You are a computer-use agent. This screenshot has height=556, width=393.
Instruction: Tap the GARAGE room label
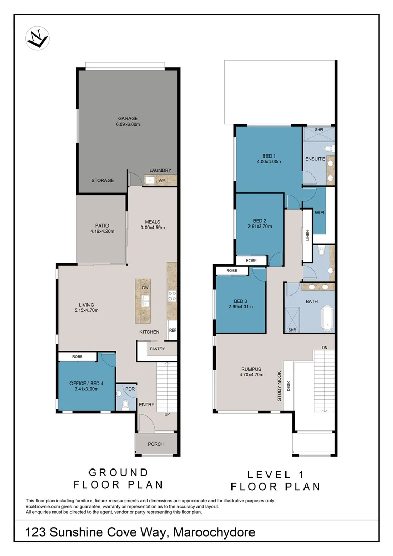[128, 118]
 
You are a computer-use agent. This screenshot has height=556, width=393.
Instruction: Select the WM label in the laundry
[162, 180]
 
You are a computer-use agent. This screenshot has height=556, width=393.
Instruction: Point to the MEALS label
[152, 222]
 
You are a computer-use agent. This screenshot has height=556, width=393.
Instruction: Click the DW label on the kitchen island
[145, 288]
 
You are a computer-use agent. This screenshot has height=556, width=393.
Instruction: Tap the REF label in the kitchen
[173, 330]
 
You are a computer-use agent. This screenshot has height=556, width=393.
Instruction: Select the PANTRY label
[157, 349]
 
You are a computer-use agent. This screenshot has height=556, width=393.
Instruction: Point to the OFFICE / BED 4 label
[86, 383]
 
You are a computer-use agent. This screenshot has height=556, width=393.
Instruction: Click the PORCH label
[156, 444]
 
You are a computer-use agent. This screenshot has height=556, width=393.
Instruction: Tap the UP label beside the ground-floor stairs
[166, 414]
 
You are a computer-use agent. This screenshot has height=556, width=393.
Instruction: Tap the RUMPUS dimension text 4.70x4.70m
[252, 375]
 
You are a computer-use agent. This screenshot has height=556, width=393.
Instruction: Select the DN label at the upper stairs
[324, 348]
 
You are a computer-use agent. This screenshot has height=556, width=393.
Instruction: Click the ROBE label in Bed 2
[251, 260]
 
